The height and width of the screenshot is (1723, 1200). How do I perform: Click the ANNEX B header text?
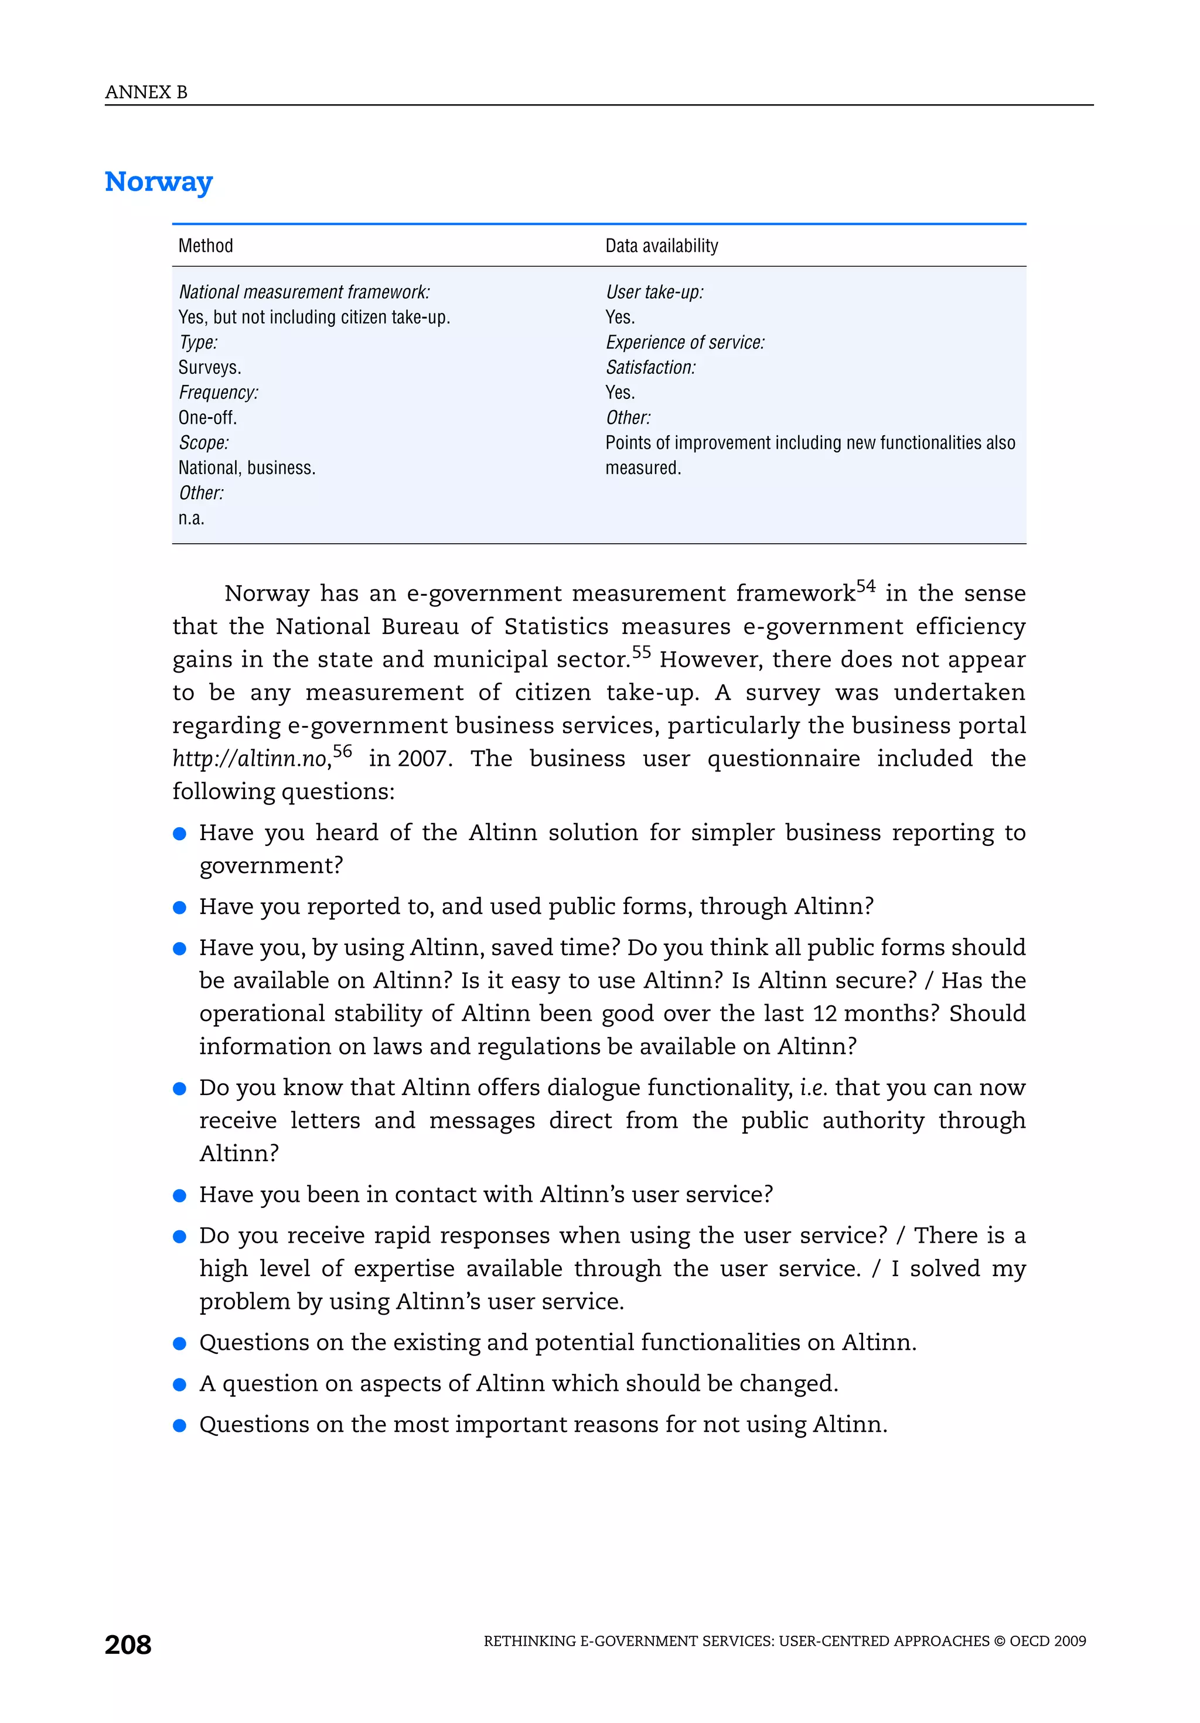point(146,93)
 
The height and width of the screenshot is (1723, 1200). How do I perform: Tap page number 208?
point(128,1644)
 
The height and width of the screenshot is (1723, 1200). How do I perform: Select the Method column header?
point(206,245)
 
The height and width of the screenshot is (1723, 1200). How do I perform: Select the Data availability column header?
point(661,245)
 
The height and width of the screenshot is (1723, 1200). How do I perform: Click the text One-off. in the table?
point(207,417)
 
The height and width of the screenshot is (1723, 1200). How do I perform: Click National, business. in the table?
point(247,468)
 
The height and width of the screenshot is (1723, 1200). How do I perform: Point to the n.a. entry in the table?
point(192,518)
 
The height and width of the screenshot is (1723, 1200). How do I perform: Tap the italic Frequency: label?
point(219,393)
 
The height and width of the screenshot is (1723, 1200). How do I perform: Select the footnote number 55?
point(641,652)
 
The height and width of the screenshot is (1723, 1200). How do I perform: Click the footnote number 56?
point(342,751)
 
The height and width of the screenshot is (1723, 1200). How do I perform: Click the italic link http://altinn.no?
point(251,759)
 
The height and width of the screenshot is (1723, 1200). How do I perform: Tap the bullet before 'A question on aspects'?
point(179,1384)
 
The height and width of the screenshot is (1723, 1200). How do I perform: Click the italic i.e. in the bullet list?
point(813,1087)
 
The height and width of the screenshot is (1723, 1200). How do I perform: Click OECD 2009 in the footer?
point(1048,1641)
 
